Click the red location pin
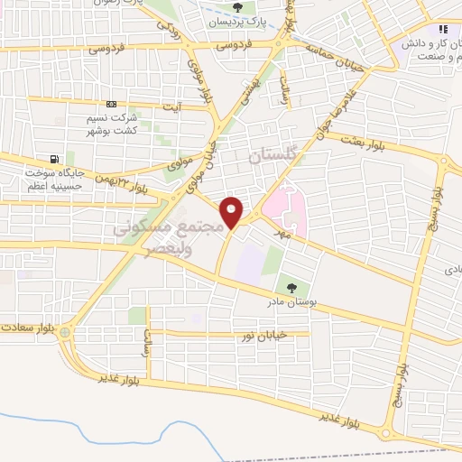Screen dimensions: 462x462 point(233,212)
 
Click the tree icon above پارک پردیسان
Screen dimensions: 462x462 point(238,8)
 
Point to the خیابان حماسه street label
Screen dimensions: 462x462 point(337,55)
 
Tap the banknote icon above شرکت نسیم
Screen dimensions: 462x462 point(111,105)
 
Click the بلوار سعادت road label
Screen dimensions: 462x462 point(27,327)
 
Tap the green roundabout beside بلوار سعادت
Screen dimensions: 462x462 point(66,332)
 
